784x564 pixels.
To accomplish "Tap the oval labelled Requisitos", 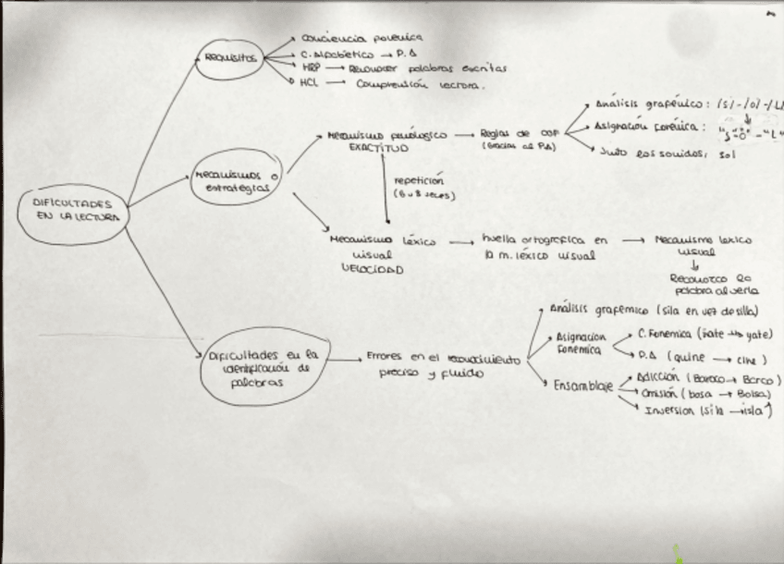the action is pyautogui.click(x=227, y=57).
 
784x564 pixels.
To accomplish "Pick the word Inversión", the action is pyautogui.click(x=670, y=411).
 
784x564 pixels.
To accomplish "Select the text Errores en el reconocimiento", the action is pyautogui.click(x=444, y=355).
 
